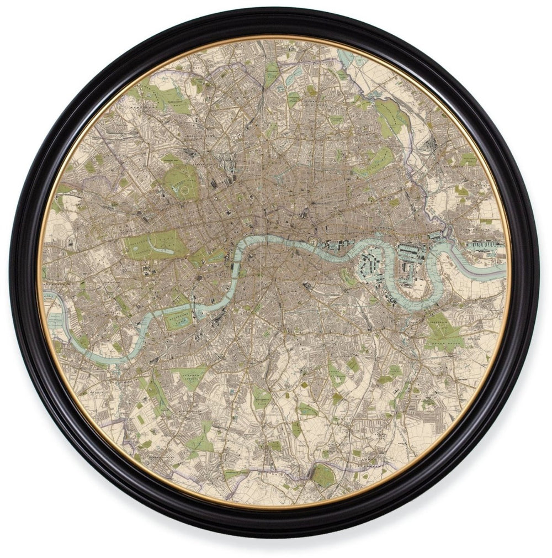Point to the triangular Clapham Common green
click(191, 376)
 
